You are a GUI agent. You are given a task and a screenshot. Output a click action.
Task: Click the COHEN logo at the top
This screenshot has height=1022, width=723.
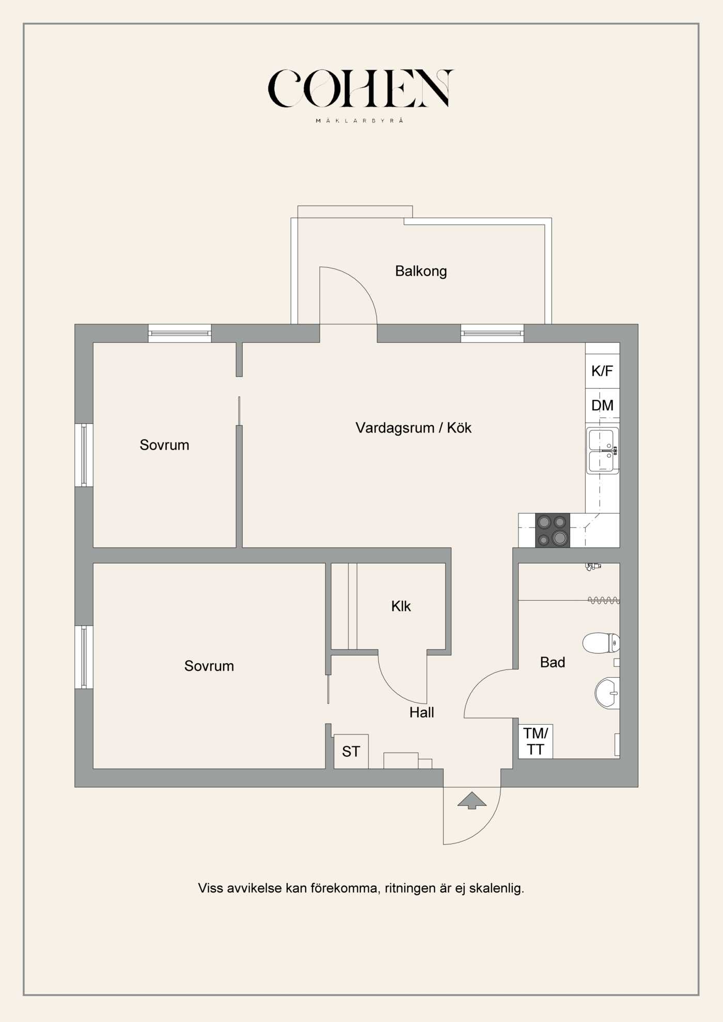click(360, 89)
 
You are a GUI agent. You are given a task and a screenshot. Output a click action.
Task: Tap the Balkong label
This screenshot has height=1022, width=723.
click(420, 271)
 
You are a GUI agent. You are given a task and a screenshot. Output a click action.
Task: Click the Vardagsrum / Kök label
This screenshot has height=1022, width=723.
click(413, 428)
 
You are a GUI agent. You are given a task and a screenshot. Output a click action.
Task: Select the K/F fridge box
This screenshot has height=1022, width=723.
click(602, 371)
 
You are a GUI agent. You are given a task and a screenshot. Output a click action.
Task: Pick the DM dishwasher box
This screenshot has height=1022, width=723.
click(602, 406)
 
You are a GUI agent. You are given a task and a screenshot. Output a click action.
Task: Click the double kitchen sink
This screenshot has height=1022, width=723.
click(602, 451)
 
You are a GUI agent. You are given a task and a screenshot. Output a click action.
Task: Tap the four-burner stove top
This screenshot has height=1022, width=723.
click(553, 531)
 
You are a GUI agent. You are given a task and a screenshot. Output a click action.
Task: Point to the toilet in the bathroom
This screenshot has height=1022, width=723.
click(600, 643)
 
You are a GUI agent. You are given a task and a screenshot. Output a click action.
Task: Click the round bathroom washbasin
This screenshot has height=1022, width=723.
click(606, 693)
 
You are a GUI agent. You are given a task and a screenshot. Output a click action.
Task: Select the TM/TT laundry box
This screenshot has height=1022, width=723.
click(536, 741)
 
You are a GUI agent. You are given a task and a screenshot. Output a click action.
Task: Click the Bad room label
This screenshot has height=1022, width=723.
click(552, 662)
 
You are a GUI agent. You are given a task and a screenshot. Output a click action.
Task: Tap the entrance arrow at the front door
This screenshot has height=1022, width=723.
click(471, 801)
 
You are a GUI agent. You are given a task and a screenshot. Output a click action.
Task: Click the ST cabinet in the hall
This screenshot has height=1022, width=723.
click(351, 752)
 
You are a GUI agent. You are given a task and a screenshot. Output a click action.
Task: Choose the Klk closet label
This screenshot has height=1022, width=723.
click(401, 606)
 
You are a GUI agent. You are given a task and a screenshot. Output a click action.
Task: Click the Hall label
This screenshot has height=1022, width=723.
click(421, 712)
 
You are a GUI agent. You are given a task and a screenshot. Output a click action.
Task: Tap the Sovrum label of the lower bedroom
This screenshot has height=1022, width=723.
click(209, 666)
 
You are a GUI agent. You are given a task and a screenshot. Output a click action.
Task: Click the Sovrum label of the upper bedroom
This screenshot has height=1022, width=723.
click(164, 445)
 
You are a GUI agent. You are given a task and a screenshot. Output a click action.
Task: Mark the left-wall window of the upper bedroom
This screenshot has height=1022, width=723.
click(84, 455)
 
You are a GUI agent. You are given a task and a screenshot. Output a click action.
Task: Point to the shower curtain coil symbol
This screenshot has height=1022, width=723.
click(603, 600)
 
